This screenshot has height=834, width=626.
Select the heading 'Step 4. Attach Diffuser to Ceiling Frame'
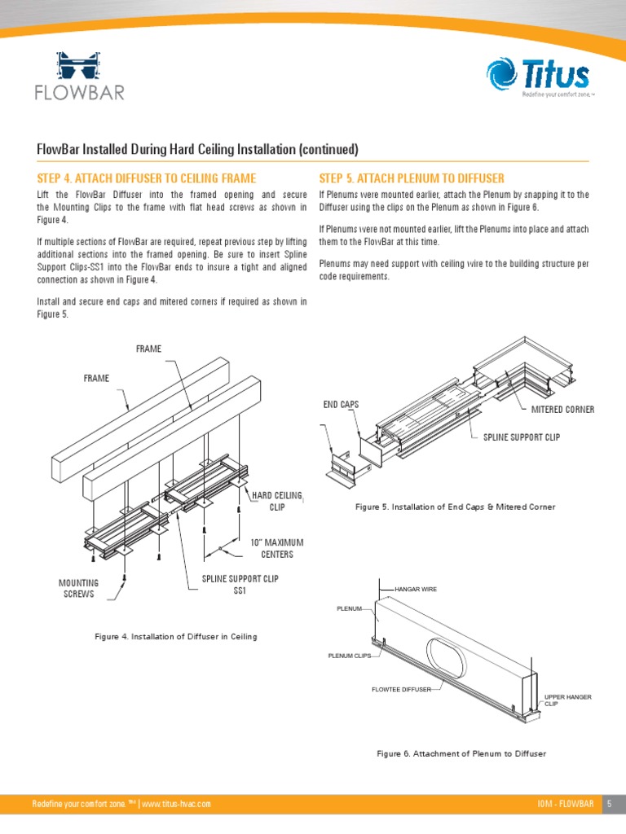(147, 178)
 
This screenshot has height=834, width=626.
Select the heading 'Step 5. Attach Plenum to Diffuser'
(412, 178)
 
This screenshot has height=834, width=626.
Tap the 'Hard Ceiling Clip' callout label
(277, 501)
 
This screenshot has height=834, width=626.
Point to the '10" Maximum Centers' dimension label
(277, 549)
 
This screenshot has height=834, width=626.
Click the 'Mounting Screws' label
(78, 588)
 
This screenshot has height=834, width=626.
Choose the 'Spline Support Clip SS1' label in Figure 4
(234, 585)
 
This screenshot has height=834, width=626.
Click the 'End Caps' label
(342, 405)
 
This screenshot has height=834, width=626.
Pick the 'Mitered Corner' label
(562, 409)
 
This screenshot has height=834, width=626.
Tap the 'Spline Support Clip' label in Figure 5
(521, 438)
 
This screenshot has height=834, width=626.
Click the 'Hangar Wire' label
(417, 588)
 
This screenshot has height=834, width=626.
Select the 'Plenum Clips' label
(349, 655)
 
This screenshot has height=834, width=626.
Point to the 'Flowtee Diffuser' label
(401, 690)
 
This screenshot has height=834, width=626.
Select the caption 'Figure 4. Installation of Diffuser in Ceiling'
(176, 636)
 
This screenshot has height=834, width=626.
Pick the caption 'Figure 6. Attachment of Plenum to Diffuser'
(461, 753)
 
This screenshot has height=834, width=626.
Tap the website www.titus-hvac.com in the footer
(177, 804)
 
